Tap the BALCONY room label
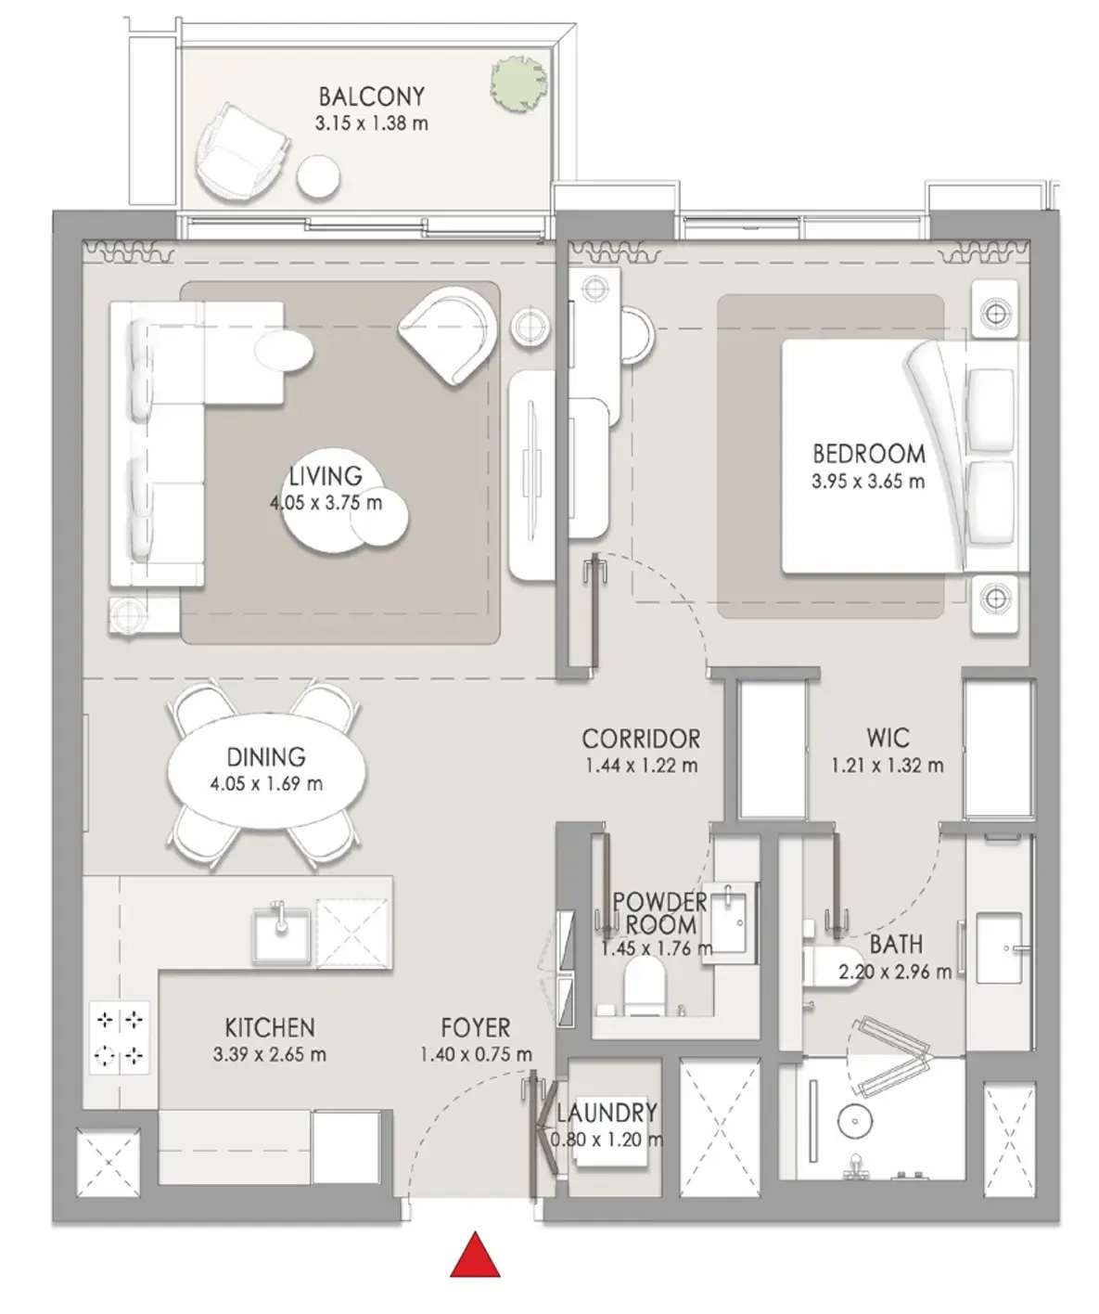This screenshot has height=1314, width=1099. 372,97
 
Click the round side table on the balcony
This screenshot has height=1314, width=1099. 319,177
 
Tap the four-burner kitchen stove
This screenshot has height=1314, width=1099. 120,1037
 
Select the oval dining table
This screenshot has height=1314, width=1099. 267,770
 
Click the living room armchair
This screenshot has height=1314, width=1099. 447,335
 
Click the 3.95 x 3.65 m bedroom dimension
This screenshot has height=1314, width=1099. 868,482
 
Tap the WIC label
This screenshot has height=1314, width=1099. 888,738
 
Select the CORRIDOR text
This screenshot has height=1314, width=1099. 641,739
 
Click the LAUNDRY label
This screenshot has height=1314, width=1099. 607,1113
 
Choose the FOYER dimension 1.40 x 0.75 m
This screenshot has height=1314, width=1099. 476,1054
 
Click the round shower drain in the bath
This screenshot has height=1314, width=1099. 855,1121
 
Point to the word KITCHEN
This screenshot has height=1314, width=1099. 270,1027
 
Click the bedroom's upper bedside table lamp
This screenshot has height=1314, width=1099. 995,313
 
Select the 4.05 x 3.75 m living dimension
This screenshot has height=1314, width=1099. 326,503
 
